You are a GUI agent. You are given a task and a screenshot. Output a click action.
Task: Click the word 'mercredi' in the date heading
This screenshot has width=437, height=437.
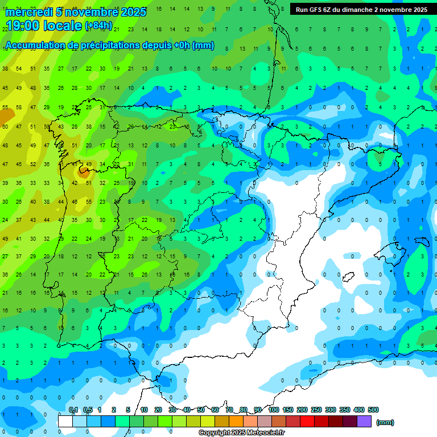point(28,12)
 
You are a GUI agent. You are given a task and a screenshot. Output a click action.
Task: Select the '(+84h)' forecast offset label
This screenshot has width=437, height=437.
point(98,26)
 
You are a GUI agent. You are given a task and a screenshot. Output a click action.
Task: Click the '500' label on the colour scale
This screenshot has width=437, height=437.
point(373,410)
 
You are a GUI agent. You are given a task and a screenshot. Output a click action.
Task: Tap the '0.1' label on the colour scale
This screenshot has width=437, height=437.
point(73,410)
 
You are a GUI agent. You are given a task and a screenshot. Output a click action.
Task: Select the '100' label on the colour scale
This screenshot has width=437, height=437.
point(274,410)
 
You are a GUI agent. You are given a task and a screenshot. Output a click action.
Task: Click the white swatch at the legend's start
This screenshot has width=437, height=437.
point(65,422)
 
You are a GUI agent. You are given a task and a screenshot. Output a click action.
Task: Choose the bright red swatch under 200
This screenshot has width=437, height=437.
point(307,422)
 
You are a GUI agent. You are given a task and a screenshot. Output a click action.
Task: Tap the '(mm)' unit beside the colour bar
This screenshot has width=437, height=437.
point(385,422)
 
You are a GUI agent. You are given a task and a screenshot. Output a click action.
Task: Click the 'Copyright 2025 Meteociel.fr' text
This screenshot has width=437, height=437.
point(241,433)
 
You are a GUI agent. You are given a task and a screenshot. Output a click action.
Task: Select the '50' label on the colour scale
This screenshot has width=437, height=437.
point(201,410)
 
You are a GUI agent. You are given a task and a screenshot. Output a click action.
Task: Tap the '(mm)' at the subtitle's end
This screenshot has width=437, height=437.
point(204,46)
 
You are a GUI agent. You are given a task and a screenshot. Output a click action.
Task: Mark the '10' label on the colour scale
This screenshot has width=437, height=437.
point(144,410)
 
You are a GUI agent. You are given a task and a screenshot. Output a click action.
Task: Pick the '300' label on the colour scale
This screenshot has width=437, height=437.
point(331,410)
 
